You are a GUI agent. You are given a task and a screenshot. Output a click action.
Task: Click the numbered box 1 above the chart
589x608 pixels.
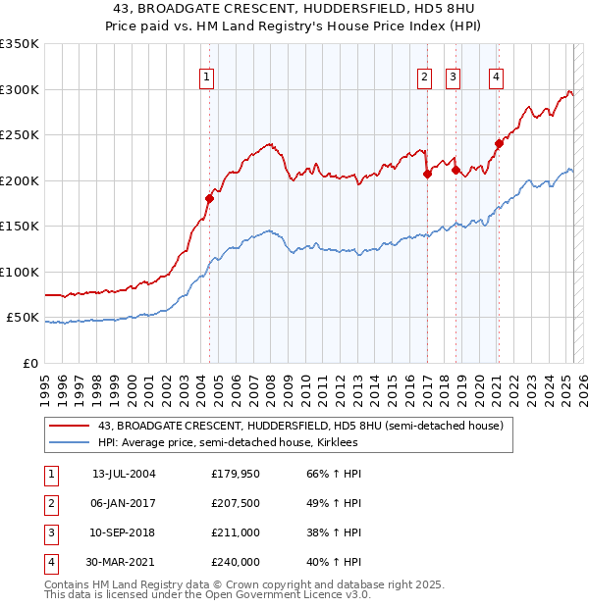[207, 79]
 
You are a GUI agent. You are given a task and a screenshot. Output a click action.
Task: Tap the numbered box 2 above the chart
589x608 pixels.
[424, 79]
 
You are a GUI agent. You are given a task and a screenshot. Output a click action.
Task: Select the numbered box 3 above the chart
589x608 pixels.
[453, 79]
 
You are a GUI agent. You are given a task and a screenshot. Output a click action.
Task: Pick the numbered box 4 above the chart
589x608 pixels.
[497, 79]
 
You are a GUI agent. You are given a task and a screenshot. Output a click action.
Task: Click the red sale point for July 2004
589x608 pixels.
[209, 198]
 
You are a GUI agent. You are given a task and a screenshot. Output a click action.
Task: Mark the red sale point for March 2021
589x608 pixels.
[499, 143]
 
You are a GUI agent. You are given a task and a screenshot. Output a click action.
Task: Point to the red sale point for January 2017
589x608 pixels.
[427, 174]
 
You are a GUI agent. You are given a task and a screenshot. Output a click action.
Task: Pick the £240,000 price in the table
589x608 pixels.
[236, 562]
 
